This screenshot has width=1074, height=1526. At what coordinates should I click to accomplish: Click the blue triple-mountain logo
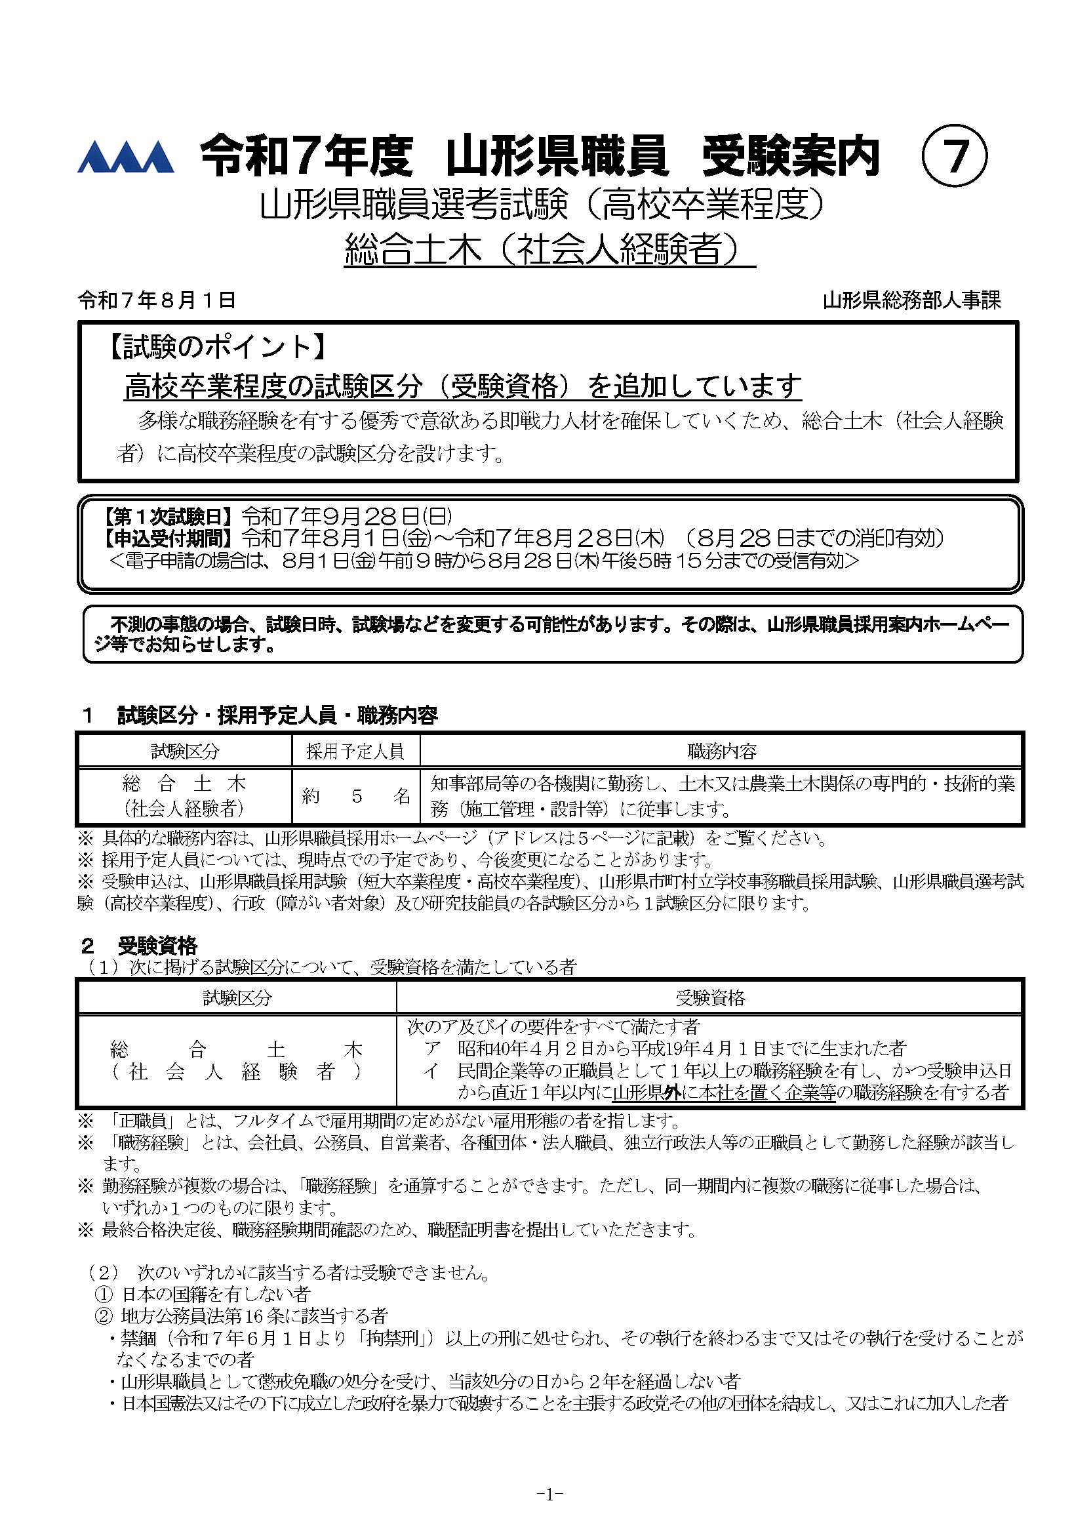click(126, 157)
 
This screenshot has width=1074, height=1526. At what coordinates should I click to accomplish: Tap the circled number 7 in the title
click(954, 157)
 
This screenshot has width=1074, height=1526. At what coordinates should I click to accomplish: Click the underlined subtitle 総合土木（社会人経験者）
click(549, 250)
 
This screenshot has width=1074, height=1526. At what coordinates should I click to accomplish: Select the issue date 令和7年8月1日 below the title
click(157, 300)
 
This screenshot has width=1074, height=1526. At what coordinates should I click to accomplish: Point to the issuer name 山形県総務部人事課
click(911, 301)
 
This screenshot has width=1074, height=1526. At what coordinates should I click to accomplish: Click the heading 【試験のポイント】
click(217, 347)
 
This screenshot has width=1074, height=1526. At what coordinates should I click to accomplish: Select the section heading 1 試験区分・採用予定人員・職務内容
click(259, 716)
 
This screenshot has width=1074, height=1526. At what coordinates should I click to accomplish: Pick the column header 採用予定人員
click(355, 752)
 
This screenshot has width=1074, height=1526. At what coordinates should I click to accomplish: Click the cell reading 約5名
click(355, 796)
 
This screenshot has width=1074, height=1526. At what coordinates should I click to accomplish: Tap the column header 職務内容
click(722, 752)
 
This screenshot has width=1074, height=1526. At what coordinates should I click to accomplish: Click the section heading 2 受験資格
click(140, 945)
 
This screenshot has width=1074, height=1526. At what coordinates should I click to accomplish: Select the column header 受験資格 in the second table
click(710, 997)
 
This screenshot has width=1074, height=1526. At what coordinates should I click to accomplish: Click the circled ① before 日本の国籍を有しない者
click(104, 1294)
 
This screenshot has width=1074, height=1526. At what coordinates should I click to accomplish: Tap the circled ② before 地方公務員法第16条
click(104, 1316)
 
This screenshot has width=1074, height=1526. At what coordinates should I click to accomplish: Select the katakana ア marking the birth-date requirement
click(433, 1048)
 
